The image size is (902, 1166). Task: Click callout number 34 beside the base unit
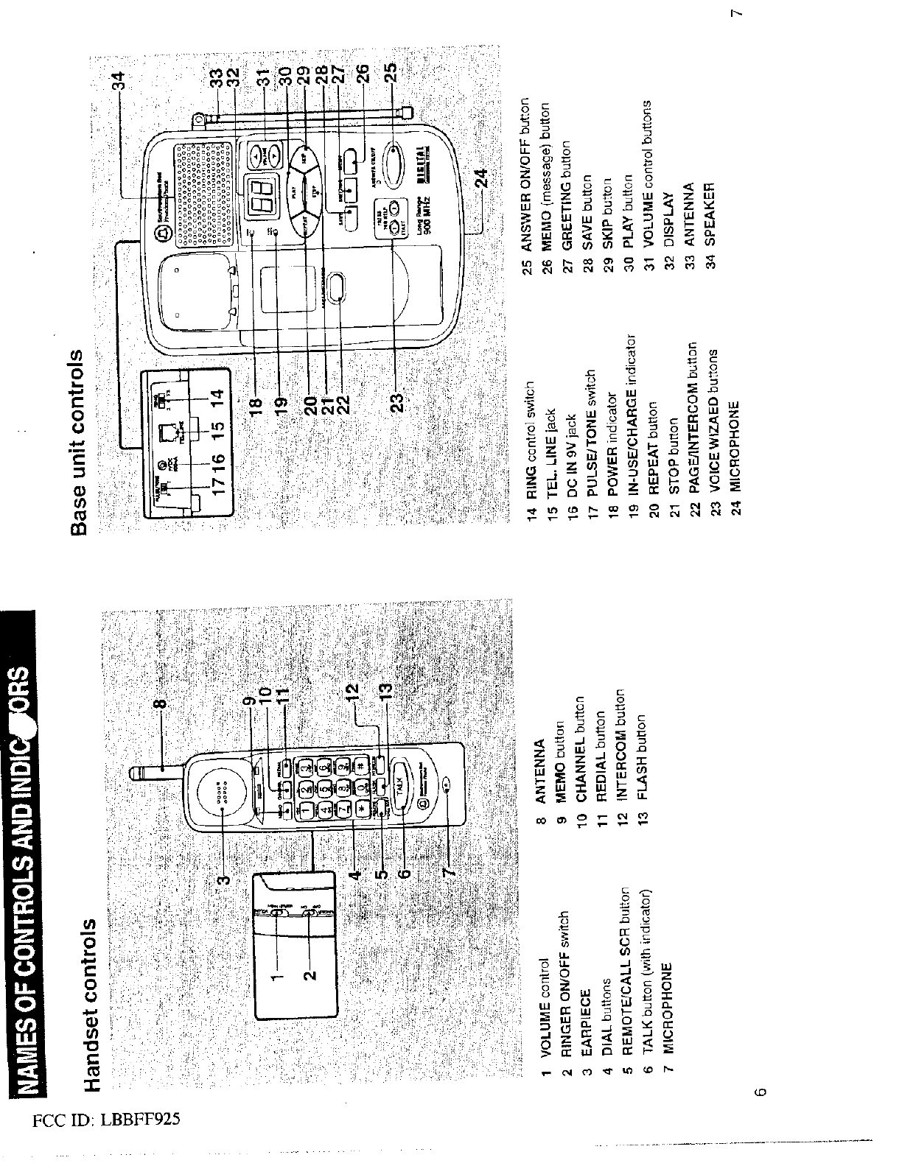coord(122,80)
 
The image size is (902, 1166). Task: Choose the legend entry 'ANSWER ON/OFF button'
coord(526,180)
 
